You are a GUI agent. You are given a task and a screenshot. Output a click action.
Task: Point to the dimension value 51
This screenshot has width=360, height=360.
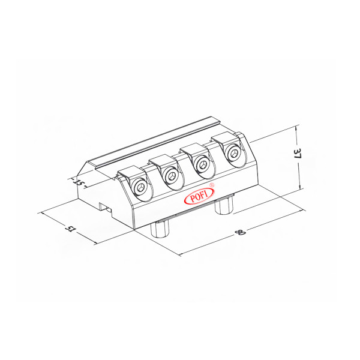[71, 229]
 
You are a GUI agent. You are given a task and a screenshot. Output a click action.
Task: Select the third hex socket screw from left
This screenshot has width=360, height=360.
[205, 164]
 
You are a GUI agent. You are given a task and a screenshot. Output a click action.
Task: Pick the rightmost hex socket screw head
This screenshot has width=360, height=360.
[234, 154]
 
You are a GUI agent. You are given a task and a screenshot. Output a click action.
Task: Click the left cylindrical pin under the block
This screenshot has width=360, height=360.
[161, 230]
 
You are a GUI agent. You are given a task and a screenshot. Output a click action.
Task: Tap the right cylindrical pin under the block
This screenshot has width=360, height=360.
[224, 206]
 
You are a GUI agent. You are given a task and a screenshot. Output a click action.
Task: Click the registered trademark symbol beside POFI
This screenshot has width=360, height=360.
[212, 186]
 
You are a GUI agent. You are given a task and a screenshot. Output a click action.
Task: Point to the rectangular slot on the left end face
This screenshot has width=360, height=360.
[107, 208]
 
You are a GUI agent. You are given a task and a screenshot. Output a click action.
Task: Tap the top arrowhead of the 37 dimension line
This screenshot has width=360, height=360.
[298, 128]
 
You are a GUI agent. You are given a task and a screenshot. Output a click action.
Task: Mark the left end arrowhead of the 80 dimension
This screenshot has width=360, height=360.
[181, 254]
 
